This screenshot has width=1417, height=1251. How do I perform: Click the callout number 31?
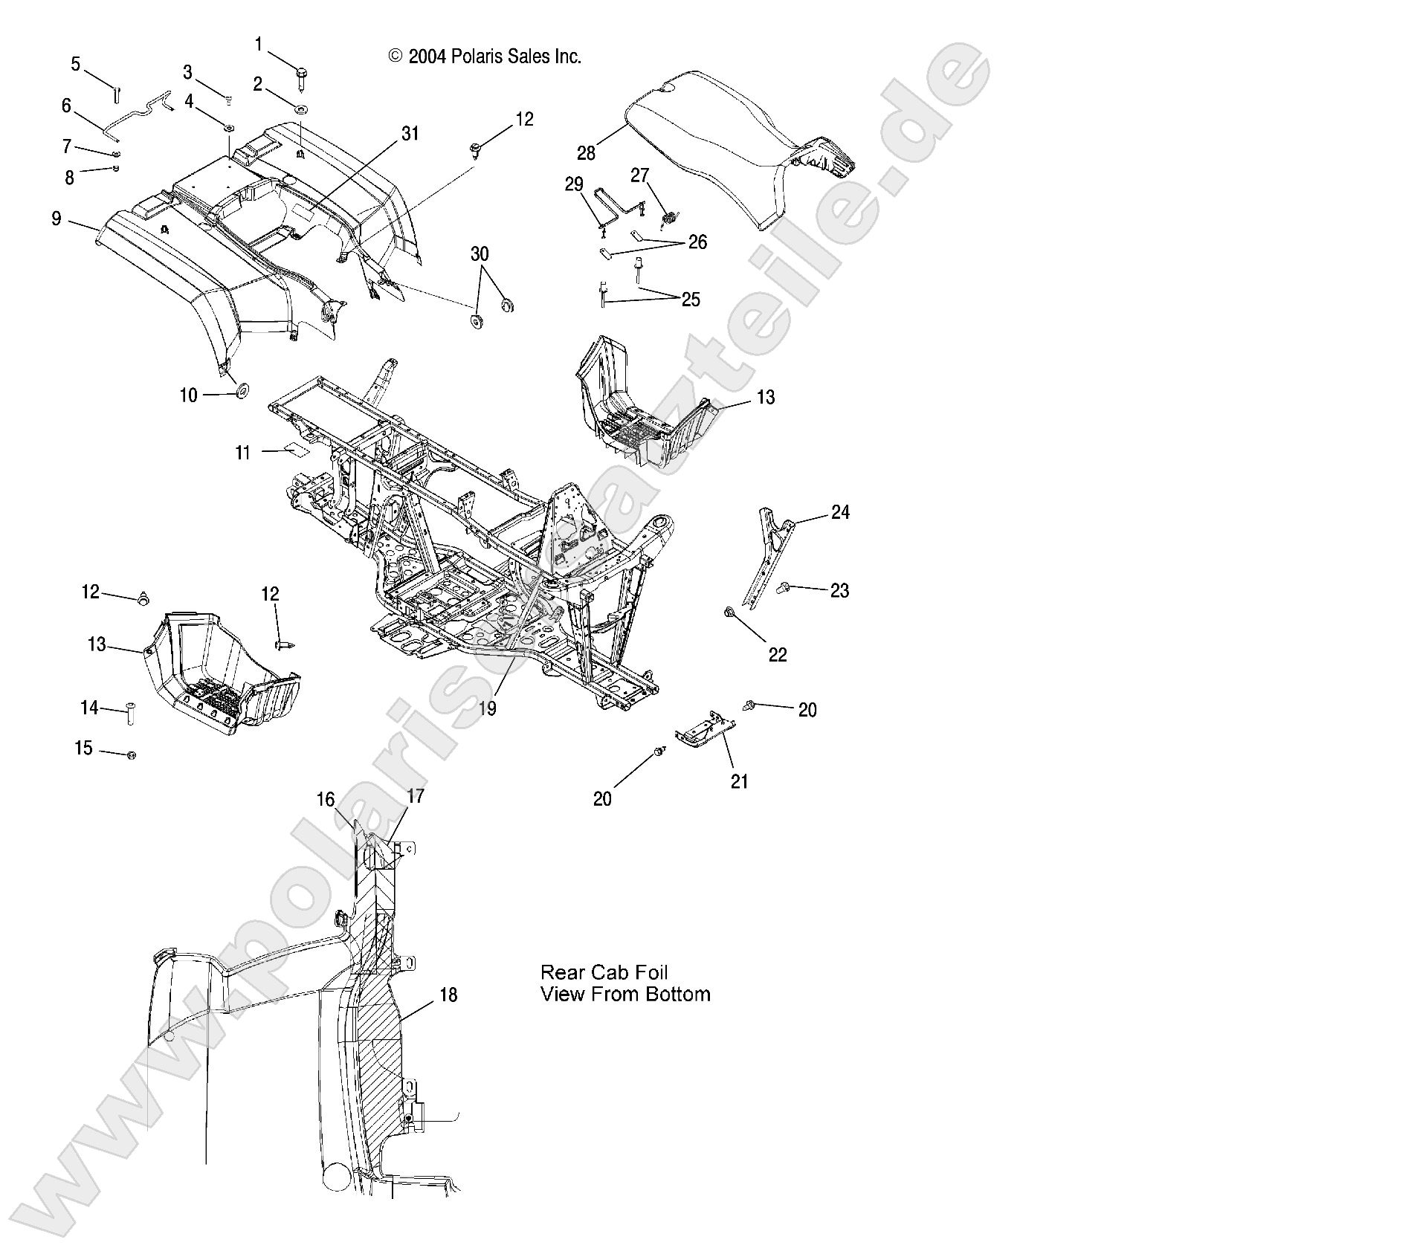coord(410,134)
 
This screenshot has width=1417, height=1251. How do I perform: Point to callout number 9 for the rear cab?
coord(57,219)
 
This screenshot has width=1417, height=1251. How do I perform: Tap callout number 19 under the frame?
coord(487,708)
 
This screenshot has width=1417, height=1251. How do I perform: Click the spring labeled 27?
coord(670,218)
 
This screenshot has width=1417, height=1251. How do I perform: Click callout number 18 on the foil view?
coord(448,995)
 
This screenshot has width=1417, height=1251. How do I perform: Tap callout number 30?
coord(480,254)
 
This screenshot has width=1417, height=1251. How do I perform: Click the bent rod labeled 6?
coord(141,113)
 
